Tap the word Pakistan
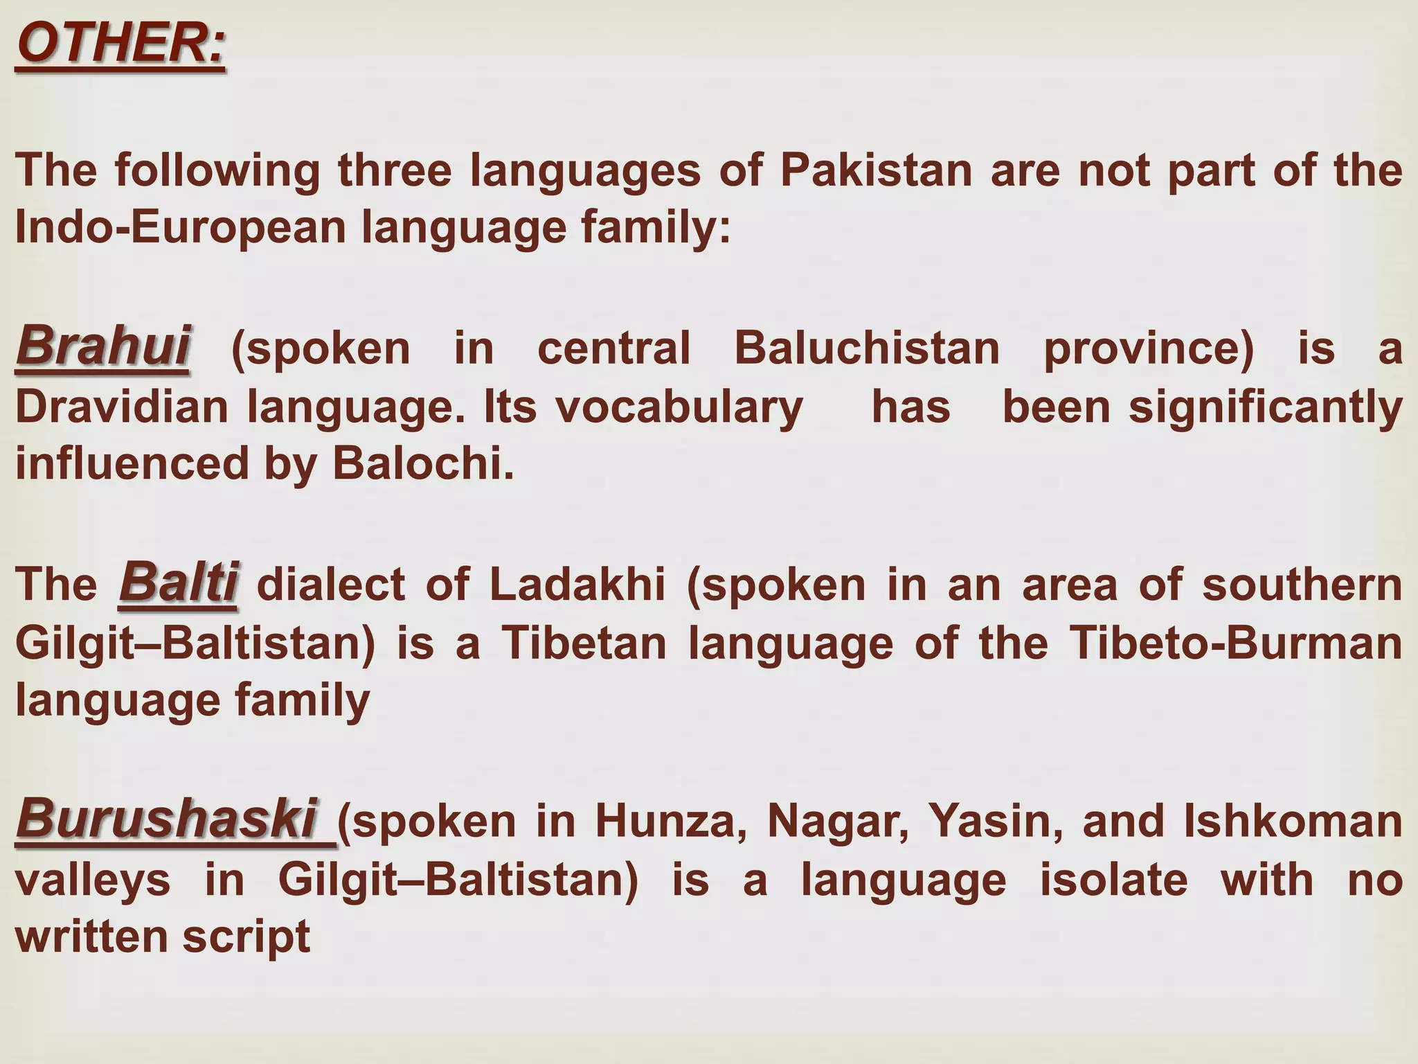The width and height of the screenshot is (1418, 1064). pos(877,170)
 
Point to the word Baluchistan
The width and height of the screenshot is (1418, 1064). pos(867,348)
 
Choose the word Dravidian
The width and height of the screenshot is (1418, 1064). pos(122,407)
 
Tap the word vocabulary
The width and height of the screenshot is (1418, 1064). pos(679,407)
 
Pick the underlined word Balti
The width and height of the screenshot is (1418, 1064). pos(179,583)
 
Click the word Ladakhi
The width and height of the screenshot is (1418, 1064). pos(577,585)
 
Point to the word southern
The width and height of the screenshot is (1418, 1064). pos(1302,585)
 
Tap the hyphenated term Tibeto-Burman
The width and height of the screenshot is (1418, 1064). pos(1236,644)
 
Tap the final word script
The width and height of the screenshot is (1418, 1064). pos(246,937)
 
